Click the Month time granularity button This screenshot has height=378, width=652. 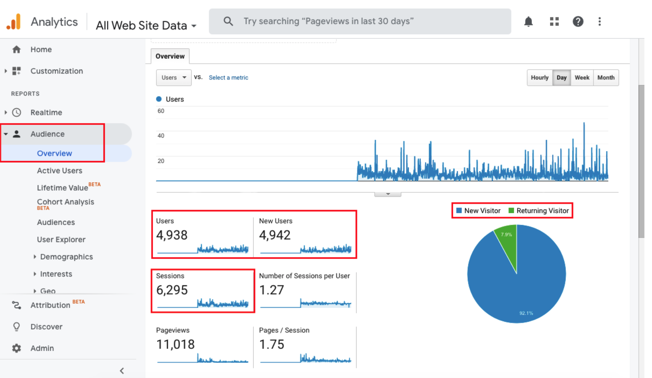click(x=606, y=78)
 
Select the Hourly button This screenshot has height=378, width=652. click(x=539, y=78)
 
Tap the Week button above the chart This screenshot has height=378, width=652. click(x=582, y=78)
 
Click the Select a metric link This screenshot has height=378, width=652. click(x=228, y=78)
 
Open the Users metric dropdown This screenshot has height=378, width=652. click(x=174, y=78)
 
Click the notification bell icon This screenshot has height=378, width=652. click(x=529, y=21)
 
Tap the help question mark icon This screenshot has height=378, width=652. click(x=578, y=21)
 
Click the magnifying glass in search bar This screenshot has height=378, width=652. click(x=228, y=21)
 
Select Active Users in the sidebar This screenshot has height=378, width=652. click(x=59, y=171)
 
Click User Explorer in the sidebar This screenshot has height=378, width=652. click(x=61, y=240)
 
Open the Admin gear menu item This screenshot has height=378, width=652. click(x=42, y=348)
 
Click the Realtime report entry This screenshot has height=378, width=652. click(x=46, y=113)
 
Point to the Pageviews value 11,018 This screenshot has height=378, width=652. click(x=175, y=344)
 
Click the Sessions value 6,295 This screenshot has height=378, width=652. click(x=172, y=290)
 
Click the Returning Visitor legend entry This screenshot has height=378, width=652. click(x=542, y=211)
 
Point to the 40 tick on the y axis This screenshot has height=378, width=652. click(x=161, y=136)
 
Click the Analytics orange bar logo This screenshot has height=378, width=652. click(x=14, y=22)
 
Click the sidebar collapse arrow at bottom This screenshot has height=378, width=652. click(x=122, y=371)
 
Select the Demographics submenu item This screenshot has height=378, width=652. click(x=66, y=257)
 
